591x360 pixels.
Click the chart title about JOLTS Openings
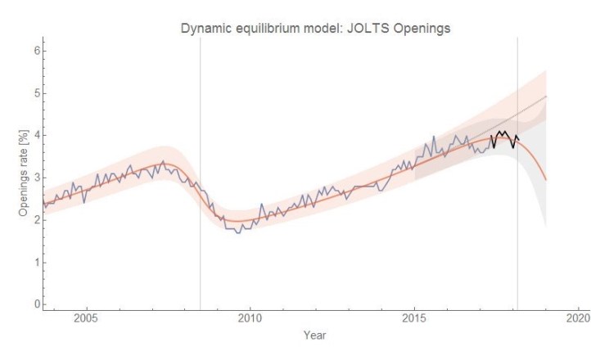click(315, 29)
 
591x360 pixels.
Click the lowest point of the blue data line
click(238, 233)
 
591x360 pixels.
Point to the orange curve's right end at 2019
click(546, 179)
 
